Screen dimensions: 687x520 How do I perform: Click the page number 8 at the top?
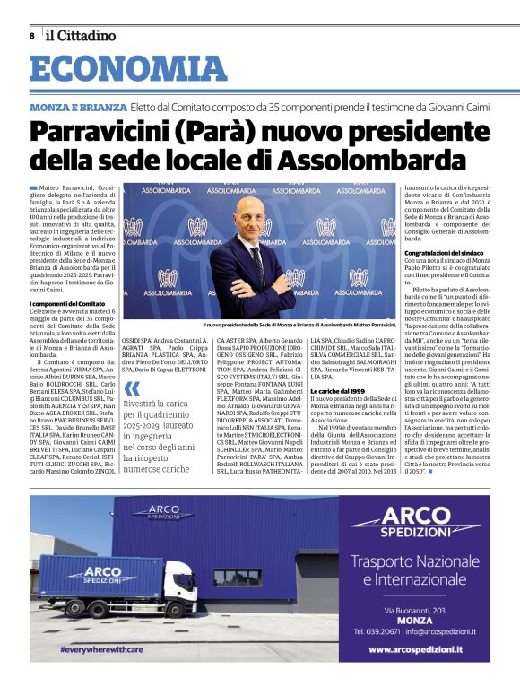[x=32, y=36]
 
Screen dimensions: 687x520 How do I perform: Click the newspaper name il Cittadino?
[x=82, y=36]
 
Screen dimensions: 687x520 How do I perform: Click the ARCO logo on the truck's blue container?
[x=97, y=574]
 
